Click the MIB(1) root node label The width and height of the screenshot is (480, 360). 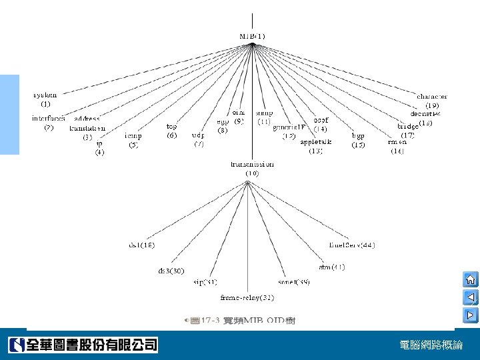[252, 36]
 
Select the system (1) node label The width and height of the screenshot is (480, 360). [45, 99]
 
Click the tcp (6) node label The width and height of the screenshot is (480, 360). [172, 130]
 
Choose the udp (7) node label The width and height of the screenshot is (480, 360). [198, 139]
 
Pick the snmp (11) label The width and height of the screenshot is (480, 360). [263, 118]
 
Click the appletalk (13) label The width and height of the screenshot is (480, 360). [316, 146]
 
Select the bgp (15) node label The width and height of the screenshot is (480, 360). [359, 140]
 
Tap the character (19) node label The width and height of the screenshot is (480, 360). [432, 101]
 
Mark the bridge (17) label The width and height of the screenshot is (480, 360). [408, 130]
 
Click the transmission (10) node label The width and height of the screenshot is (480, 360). [252, 168]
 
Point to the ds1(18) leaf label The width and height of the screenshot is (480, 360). [141, 245]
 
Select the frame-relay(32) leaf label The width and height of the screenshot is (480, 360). [247, 297]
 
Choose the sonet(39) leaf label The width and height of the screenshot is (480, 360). [294, 282]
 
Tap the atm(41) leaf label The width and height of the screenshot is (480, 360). [331, 267]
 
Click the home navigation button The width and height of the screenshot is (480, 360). [470, 279]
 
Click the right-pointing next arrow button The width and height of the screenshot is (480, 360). [470, 314]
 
